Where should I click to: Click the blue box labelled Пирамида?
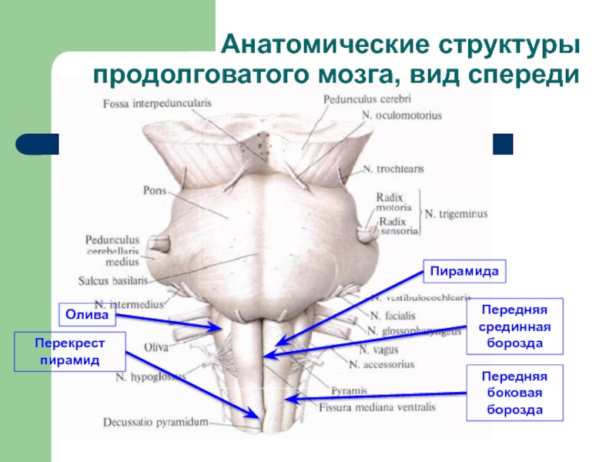tap(462, 273)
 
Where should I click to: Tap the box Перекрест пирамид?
tap(69, 350)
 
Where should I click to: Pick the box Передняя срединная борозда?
tap(514, 326)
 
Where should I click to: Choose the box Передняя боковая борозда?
tap(514, 393)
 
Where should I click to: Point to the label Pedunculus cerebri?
tap(357, 99)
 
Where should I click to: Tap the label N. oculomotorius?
tap(400, 115)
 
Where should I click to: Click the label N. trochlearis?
tap(393, 169)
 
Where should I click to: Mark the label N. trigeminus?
tap(457, 213)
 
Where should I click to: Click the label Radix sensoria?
tap(398, 225)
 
